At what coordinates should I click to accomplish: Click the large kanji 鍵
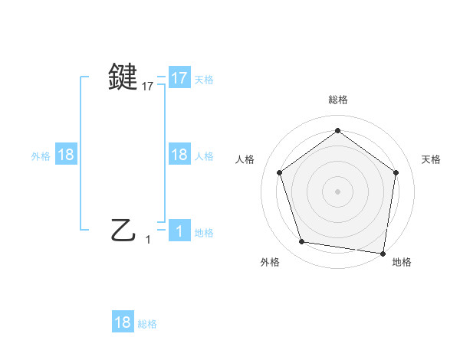click(124, 77)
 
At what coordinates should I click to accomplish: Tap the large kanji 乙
click(124, 229)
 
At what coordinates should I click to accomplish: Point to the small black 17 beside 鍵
click(148, 87)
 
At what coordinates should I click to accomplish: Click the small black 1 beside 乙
click(148, 240)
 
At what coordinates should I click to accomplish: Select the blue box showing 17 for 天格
click(179, 78)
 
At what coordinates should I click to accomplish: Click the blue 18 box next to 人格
click(179, 155)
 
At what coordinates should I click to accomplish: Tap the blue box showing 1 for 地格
click(179, 231)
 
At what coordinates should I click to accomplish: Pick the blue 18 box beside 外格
click(66, 155)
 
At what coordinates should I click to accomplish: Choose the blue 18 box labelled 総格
click(123, 322)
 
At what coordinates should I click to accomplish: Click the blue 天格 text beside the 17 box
click(204, 80)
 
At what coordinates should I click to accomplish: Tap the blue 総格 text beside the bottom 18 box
click(147, 324)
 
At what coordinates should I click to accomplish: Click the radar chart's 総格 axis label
click(338, 100)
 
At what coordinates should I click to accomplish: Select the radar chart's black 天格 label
click(432, 159)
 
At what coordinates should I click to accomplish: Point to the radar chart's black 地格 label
click(402, 262)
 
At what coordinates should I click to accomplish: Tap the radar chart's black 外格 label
click(270, 262)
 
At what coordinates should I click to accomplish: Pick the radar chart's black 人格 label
click(245, 159)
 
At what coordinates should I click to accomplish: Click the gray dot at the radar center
click(337, 191)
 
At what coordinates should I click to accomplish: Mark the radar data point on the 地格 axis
click(383, 254)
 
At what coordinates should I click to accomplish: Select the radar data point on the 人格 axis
click(279, 172)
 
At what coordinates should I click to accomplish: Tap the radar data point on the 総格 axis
click(337, 129)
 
